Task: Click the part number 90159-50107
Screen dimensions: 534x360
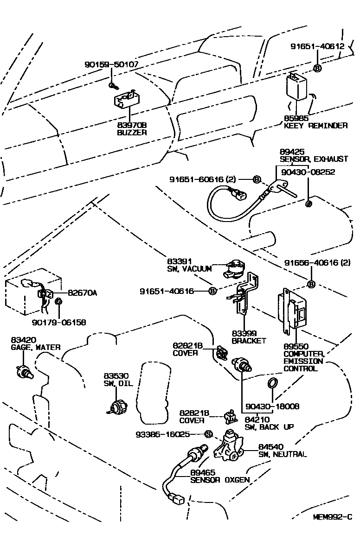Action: tap(111, 65)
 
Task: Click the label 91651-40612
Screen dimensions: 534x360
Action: tap(317, 46)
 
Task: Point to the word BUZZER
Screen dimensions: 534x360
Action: tap(131, 132)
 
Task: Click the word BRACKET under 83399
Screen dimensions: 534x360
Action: tap(249, 341)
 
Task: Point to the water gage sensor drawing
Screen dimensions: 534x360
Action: tap(24, 370)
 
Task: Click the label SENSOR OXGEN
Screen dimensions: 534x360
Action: tap(220, 480)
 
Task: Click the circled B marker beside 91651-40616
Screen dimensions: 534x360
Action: tap(212, 291)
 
